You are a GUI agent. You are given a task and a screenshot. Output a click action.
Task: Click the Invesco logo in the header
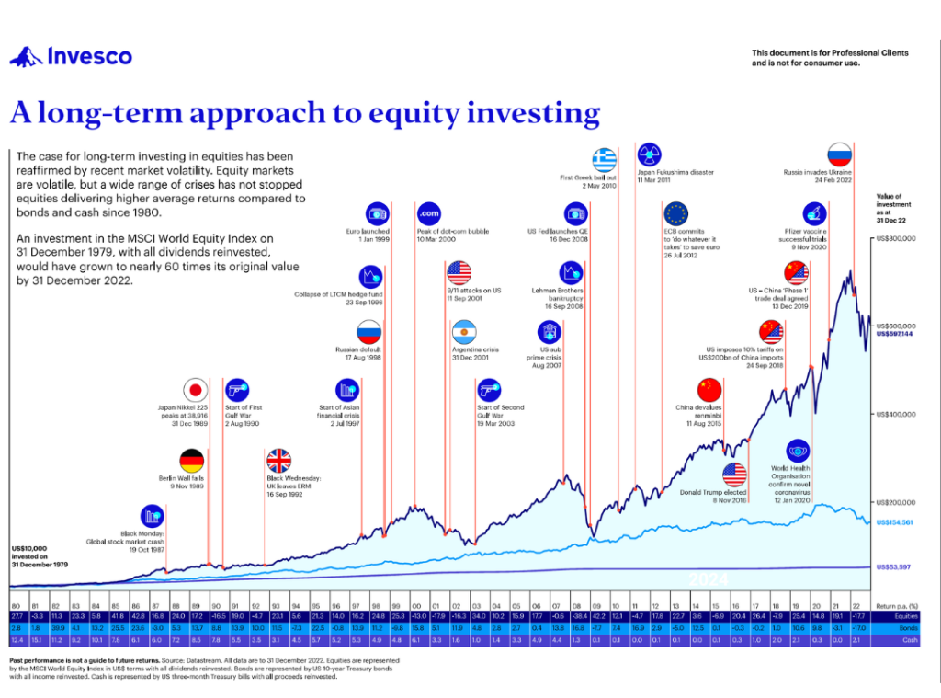pyautogui.click(x=71, y=57)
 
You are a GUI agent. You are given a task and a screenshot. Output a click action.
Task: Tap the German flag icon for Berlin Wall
pyautogui.click(x=191, y=461)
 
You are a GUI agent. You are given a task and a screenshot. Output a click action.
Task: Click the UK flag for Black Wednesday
pyautogui.click(x=278, y=461)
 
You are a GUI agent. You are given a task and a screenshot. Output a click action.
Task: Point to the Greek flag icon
pyautogui.click(x=605, y=158)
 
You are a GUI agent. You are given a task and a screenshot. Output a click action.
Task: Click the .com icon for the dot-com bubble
pyautogui.click(x=429, y=212)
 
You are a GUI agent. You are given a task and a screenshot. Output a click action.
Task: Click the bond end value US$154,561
pyautogui.click(x=895, y=522)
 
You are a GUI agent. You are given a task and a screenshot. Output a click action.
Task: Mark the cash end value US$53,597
pyautogui.click(x=893, y=566)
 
